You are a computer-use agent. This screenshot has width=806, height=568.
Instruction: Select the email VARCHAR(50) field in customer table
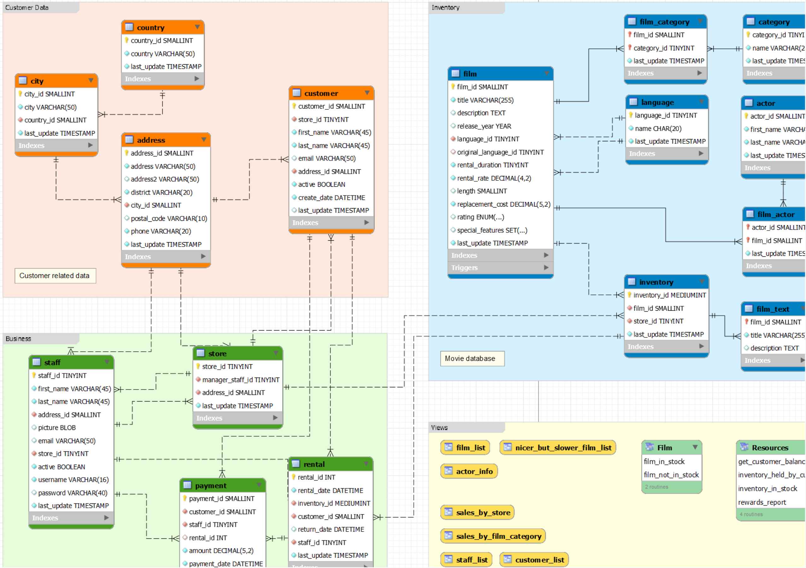pos(326,158)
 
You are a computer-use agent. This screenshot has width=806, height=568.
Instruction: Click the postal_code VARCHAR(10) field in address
pos(168,218)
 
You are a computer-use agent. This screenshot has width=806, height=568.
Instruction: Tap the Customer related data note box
pos(55,276)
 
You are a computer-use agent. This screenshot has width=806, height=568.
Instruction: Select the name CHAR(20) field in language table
pos(658,128)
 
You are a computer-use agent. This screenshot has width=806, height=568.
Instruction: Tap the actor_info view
pos(469,471)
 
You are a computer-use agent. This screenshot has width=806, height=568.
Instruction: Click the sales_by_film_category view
pos(493,536)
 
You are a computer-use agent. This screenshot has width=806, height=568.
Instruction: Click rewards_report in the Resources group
pos(762,502)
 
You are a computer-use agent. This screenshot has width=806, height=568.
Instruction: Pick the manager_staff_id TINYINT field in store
pos(241,380)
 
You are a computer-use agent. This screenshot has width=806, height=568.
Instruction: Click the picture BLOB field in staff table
pos(57,428)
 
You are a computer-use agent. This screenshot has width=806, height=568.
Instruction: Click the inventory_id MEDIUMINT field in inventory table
pos(669,295)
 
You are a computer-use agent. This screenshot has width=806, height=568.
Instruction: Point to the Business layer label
pos(19,339)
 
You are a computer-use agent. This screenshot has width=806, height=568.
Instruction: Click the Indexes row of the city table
pos(56,145)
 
